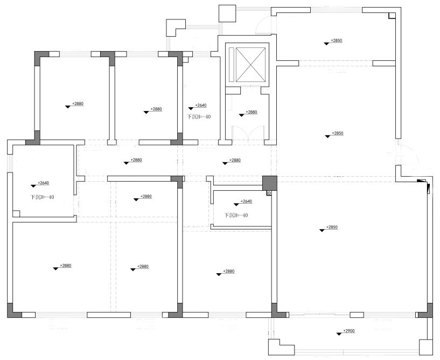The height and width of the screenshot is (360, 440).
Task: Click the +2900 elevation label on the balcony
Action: (349, 331)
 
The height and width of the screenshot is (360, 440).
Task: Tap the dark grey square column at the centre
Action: (269, 183)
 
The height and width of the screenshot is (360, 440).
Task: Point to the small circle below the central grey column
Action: (269, 191)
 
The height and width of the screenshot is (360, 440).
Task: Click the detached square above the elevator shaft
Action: (227, 13)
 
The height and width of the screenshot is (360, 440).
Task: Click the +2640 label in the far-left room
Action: (44, 183)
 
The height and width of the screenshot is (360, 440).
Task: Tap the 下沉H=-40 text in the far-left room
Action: (42, 197)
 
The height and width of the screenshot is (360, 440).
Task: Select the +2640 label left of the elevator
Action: (201, 106)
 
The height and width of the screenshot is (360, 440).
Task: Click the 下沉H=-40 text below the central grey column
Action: (236, 215)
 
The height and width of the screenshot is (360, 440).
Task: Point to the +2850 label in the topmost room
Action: (337, 41)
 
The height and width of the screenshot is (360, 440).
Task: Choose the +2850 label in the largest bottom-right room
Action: (331, 227)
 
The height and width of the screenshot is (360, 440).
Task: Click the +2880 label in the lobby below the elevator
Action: (252, 112)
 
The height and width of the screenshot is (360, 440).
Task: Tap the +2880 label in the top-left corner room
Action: (78, 103)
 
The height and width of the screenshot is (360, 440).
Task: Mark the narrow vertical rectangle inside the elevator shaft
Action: (232, 64)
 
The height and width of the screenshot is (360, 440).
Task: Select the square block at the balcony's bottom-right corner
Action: (425, 347)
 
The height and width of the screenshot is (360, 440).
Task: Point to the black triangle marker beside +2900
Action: (338, 334)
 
